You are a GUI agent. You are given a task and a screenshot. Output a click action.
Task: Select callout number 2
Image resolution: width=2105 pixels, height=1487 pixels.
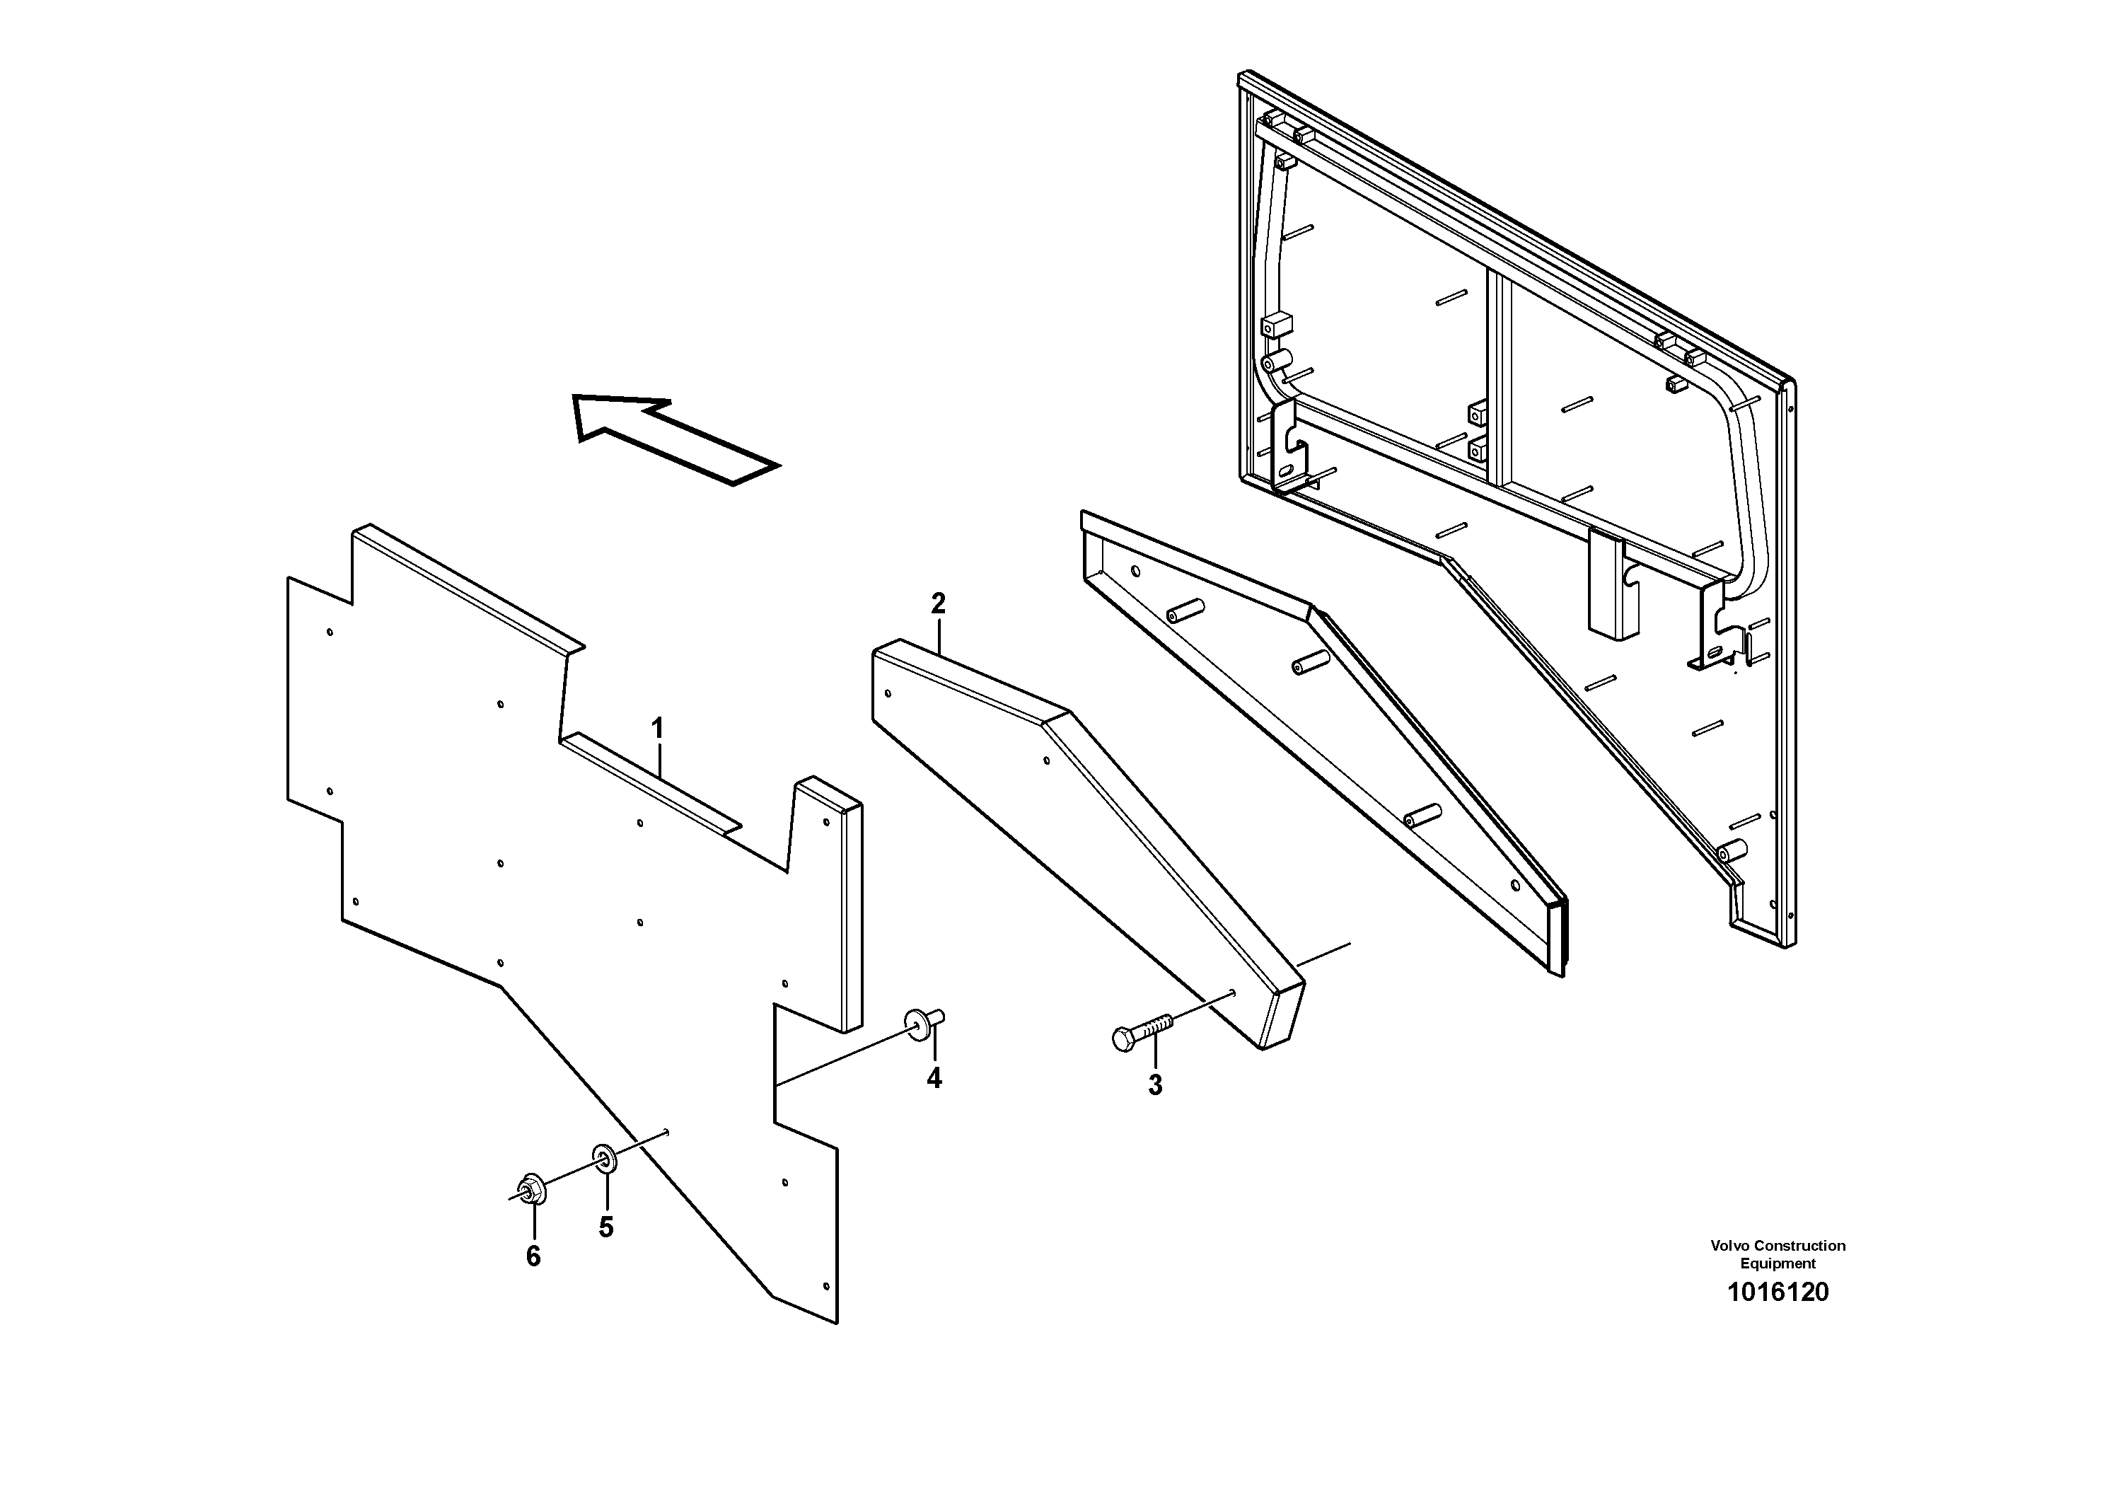[x=938, y=603]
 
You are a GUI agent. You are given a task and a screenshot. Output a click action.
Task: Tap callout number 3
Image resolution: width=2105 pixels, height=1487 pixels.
[x=1155, y=1084]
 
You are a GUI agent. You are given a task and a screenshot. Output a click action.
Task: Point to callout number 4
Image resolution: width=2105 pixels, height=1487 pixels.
[x=933, y=1079]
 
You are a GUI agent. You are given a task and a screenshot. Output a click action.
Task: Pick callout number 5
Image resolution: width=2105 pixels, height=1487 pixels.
[x=606, y=1227]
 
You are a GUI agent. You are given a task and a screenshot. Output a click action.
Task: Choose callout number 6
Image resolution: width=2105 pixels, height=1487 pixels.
[x=533, y=1256]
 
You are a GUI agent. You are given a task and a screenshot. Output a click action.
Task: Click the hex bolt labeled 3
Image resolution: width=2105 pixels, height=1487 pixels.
[x=1138, y=1034]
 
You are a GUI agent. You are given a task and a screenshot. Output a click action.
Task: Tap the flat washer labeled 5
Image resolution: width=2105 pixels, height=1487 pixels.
[x=605, y=1159]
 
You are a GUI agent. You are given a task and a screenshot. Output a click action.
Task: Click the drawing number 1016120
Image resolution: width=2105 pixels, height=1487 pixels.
[x=1777, y=1292]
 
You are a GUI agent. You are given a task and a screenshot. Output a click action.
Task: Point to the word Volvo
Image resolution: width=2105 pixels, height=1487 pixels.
[x=1728, y=1245]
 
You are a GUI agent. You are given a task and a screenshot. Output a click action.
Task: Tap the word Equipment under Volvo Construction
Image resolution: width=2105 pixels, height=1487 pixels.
[x=1778, y=1263]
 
